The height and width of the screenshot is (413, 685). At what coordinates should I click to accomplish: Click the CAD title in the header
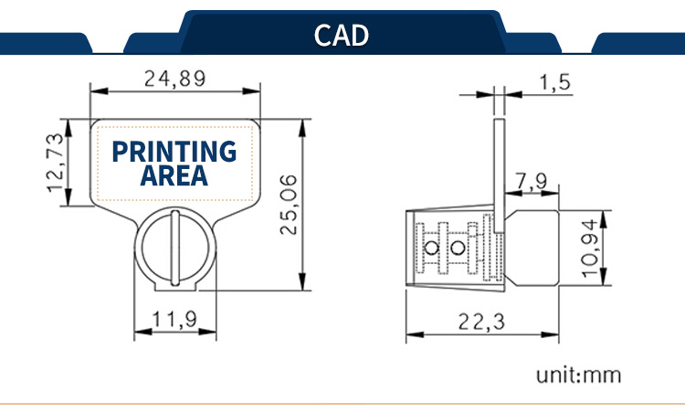click(342, 36)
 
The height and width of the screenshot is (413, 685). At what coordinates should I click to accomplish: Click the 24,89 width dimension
click(174, 79)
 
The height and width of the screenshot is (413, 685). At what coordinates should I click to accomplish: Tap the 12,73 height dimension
click(57, 163)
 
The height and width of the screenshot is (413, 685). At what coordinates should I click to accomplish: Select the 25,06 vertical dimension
click(289, 205)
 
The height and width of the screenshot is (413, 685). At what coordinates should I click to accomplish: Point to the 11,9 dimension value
click(174, 320)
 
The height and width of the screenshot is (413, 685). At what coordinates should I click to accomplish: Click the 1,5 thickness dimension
click(555, 82)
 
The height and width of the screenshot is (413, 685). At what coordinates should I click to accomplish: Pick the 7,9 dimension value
click(531, 181)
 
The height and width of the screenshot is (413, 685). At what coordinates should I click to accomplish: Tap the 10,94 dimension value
click(590, 249)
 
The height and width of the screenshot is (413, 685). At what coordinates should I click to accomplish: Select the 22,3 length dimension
click(481, 323)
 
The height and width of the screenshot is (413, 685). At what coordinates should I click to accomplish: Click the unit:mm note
click(578, 376)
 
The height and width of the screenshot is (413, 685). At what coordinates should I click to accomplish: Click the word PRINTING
click(174, 152)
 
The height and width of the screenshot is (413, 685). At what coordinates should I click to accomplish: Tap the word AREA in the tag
click(174, 175)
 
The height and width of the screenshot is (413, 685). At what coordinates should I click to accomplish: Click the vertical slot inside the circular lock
click(175, 248)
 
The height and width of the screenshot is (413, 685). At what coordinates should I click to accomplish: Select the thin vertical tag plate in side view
click(500, 175)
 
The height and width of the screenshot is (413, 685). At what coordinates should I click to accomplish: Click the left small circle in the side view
click(431, 249)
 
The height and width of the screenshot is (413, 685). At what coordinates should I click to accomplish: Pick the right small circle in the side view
click(458, 249)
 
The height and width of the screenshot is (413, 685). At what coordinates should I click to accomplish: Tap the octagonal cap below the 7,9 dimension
click(532, 248)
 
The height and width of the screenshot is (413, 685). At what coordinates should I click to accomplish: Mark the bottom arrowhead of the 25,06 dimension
click(302, 281)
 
